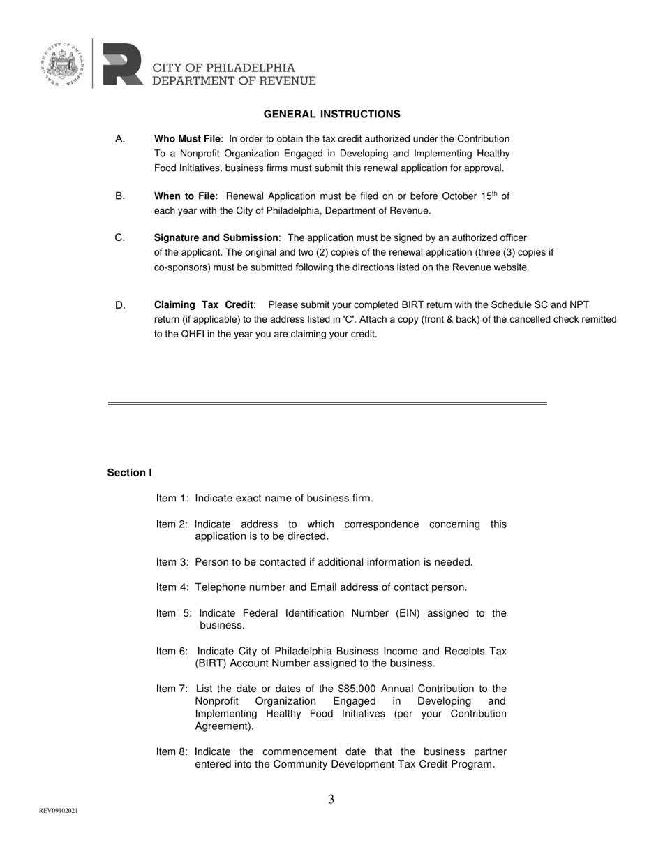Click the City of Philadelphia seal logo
point(64,64)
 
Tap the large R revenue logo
point(122,64)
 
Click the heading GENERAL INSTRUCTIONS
point(331,114)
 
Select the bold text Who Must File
point(187,139)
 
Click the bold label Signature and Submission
point(216,238)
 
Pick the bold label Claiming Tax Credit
point(203,305)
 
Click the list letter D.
point(120,305)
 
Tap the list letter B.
point(120,196)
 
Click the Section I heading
point(129,473)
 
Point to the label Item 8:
point(172,752)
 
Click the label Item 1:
point(172,499)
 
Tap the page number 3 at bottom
point(331,800)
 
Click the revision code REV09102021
point(58,811)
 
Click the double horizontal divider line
point(327,404)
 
